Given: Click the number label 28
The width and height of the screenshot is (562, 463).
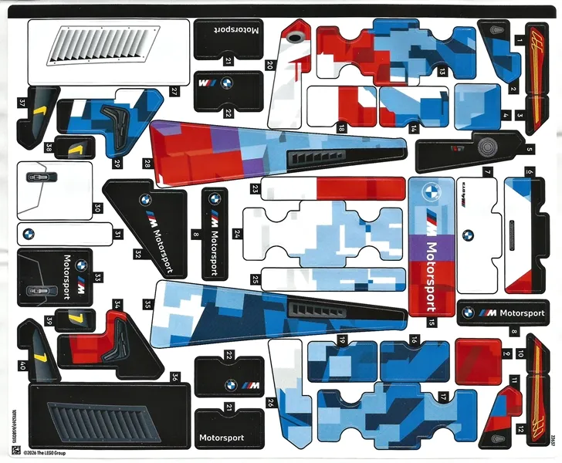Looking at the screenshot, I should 147,164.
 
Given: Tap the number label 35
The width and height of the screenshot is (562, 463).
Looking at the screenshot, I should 147,304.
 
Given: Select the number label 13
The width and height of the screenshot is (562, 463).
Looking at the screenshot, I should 442,72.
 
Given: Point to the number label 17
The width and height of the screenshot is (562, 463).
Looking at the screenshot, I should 443,397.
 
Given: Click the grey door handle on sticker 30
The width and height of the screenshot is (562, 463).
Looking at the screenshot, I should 36,177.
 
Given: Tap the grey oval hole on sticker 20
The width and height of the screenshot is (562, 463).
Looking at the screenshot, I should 294,36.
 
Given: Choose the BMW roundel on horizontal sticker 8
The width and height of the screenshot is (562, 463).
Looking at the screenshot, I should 468,313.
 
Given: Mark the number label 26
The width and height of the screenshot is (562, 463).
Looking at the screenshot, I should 271,403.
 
